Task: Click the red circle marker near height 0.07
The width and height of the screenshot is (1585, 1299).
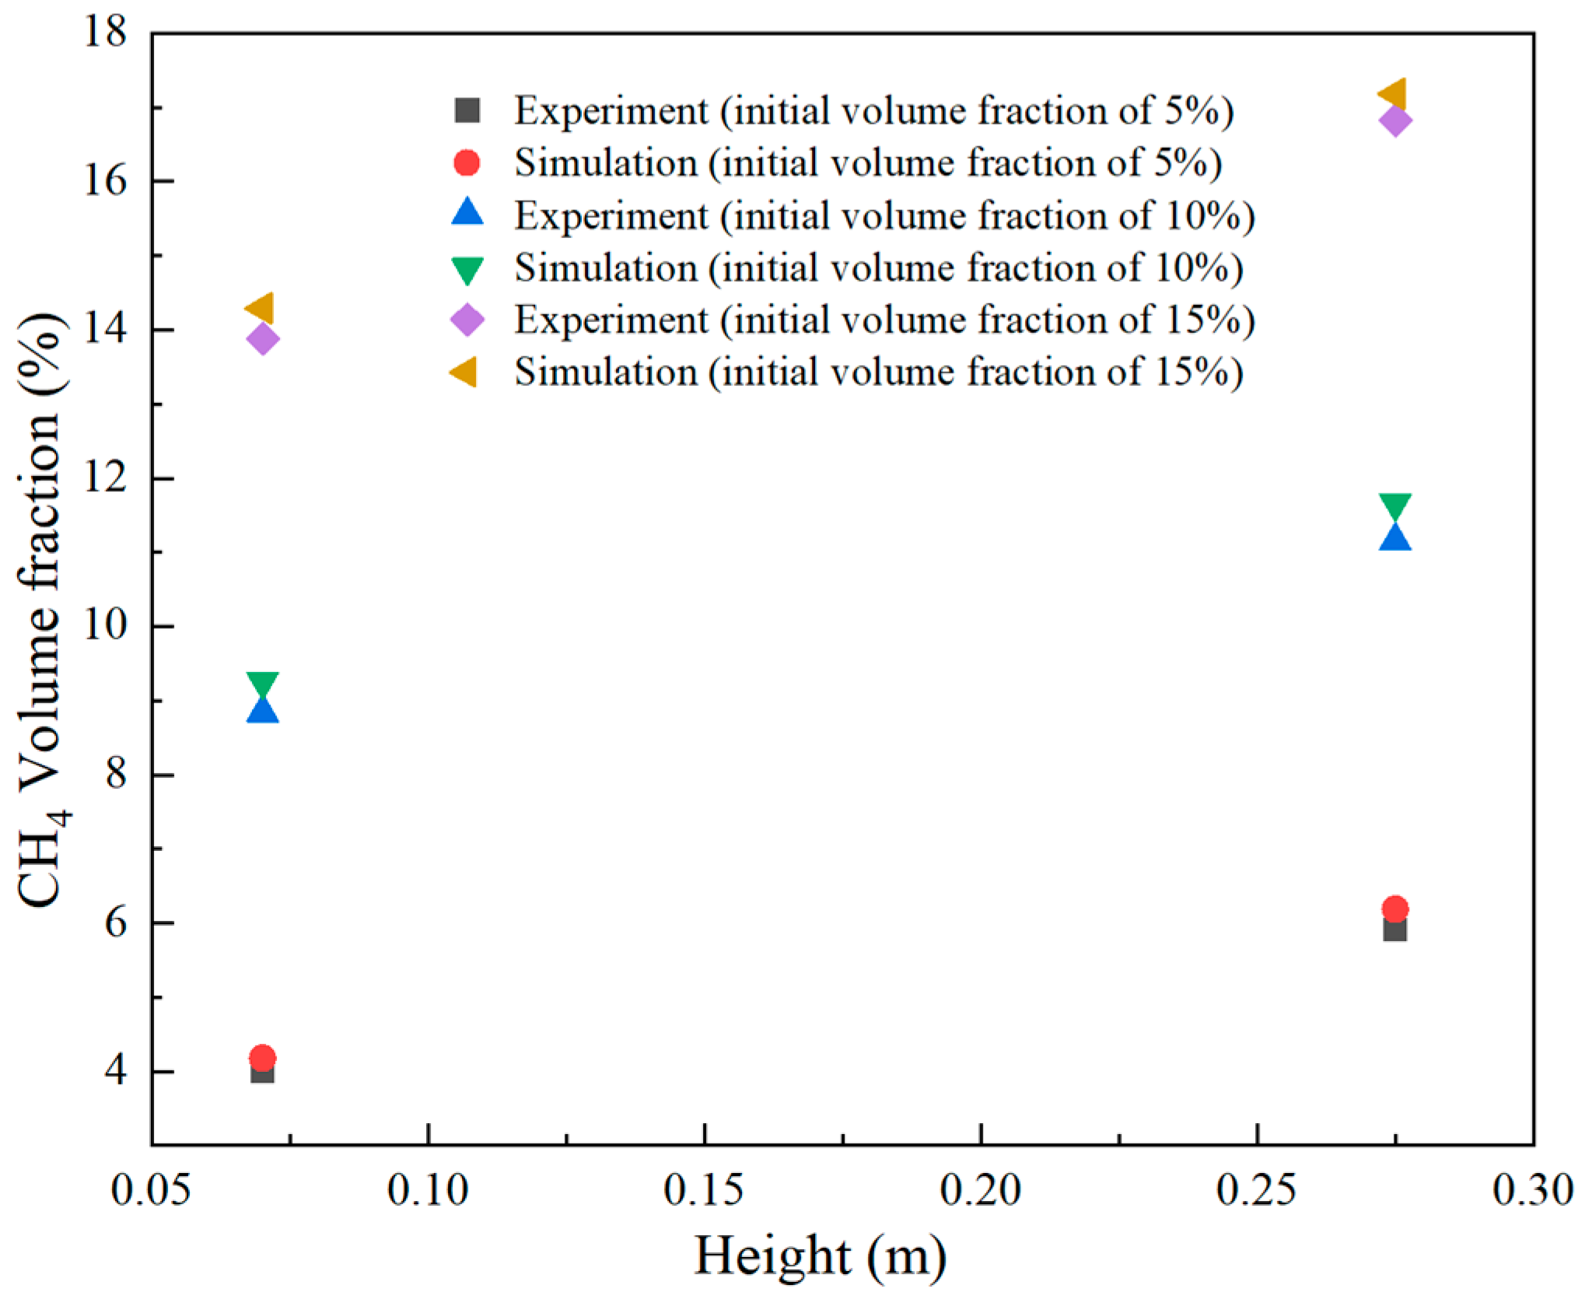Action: pyautogui.click(x=262, y=1057)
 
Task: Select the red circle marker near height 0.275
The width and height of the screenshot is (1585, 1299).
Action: pyautogui.click(x=1395, y=908)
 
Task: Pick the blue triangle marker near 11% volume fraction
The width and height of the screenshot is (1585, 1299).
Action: pyautogui.click(x=1395, y=537)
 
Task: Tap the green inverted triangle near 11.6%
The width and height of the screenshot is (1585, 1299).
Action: pyautogui.click(x=1395, y=506)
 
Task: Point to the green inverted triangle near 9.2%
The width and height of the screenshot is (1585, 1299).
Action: pyautogui.click(x=262, y=685)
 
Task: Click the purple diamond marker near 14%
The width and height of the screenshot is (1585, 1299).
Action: pyautogui.click(x=262, y=338)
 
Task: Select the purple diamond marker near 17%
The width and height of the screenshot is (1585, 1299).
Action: pyautogui.click(x=1395, y=121)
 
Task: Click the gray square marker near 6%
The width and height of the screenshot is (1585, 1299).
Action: pyautogui.click(x=1395, y=929)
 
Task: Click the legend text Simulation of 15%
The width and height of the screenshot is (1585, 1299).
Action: pyautogui.click(x=879, y=372)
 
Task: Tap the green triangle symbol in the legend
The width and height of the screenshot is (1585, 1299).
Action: pyautogui.click(x=467, y=270)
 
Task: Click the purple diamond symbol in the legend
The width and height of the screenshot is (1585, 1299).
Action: pyautogui.click(x=467, y=320)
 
